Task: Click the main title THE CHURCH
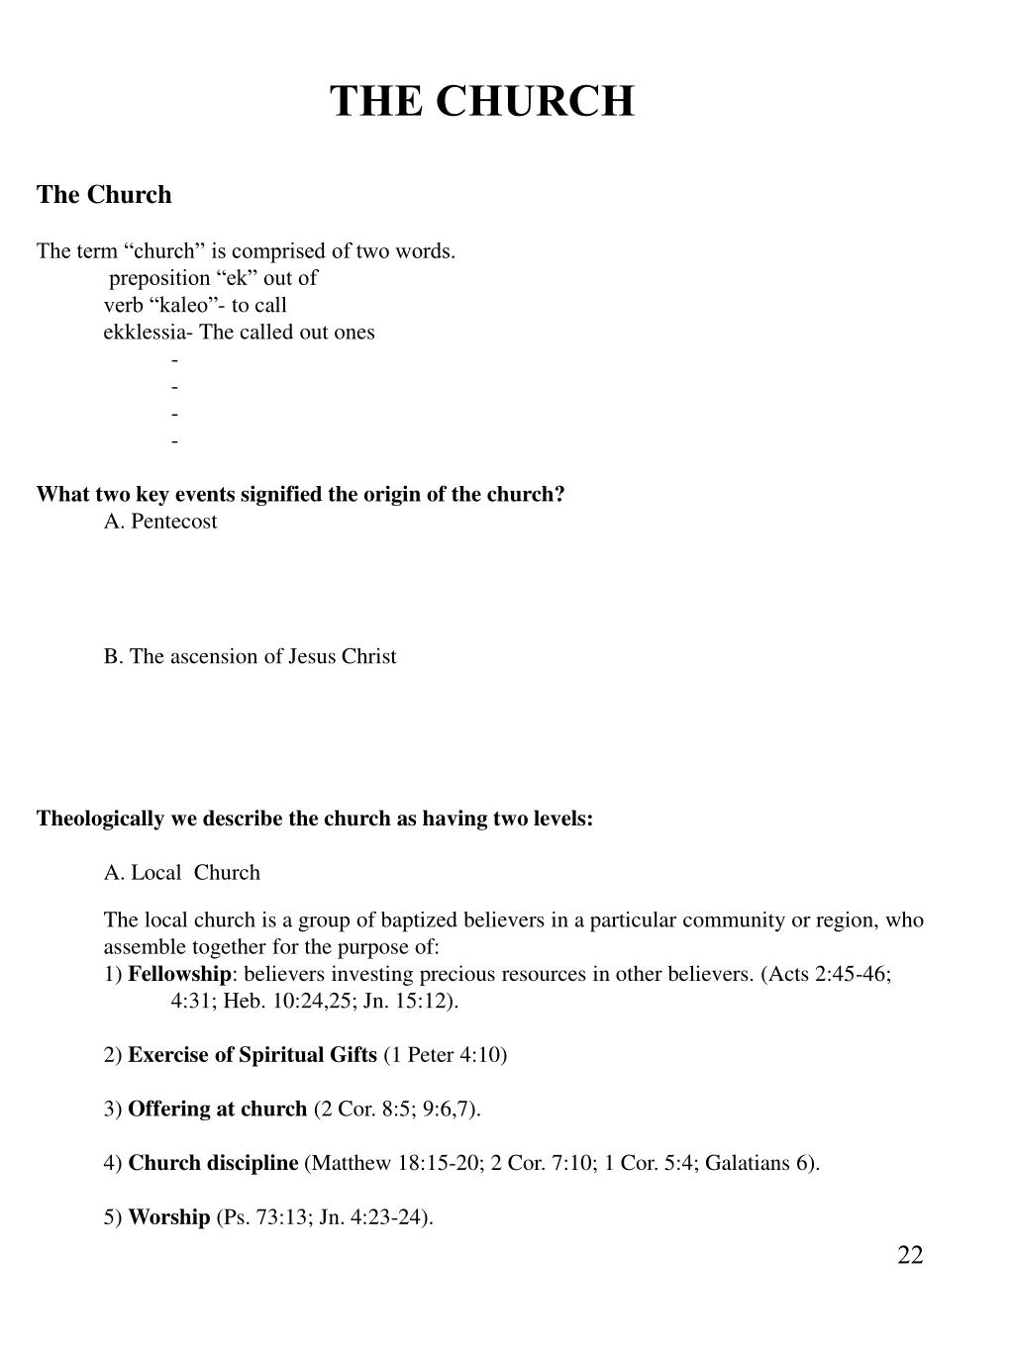(x=481, y=101)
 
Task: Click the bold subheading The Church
(x=104, y=195)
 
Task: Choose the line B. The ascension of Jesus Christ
(x=250, y=657)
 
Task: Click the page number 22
(x=910, y=1256)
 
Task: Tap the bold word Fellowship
(x=179, y=974)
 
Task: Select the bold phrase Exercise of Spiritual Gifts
(x=253, y=1055)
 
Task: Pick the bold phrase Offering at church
(x=217, y=1109)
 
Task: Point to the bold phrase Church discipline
(x=213, y=1163)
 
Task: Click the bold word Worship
(x=168, y=1217)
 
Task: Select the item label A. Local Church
(x=182, y=873)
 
